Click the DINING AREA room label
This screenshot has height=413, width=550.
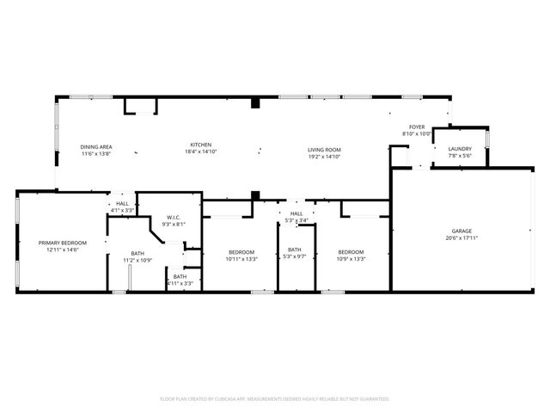[96, 147]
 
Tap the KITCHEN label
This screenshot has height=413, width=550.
[201, 145]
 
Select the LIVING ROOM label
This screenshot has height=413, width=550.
[325, 151]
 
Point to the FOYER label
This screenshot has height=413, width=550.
[416, 127]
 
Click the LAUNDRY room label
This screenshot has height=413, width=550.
[460, 149]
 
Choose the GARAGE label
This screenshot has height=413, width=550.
[462, 231]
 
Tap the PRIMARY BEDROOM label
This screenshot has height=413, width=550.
[58, 243]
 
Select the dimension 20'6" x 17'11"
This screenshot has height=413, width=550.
[462, 238]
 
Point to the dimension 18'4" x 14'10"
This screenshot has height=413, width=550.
[201, 151]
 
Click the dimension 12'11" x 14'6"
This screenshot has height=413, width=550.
[58, 250]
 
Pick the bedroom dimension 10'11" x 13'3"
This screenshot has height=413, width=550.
[241, 259]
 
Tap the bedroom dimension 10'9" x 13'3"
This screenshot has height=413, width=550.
[351, 259]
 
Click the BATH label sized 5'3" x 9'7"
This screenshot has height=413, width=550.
[296, 250]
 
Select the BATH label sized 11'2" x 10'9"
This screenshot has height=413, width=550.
[137, 253]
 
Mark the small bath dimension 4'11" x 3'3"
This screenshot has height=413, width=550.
[180, 282]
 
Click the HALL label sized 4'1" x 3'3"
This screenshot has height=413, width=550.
[122, 204]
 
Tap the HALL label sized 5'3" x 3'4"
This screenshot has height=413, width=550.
[296, 213]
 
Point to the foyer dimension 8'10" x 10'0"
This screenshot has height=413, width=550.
[416, 134]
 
